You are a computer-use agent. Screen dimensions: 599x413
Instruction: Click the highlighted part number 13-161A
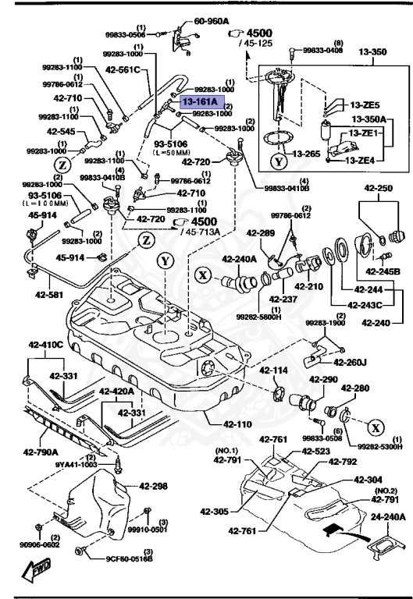[x=201, y=101]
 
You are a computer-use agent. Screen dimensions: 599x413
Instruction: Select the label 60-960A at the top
[x=211, y=21]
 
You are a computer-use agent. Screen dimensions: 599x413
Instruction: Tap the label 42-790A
[x=38, y=451]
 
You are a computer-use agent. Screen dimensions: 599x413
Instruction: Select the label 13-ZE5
[x=365, y=105]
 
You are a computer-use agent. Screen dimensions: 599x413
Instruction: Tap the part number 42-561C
[x=123, y=69]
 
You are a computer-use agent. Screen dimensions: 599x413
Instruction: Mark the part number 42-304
[x=368, y=480]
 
